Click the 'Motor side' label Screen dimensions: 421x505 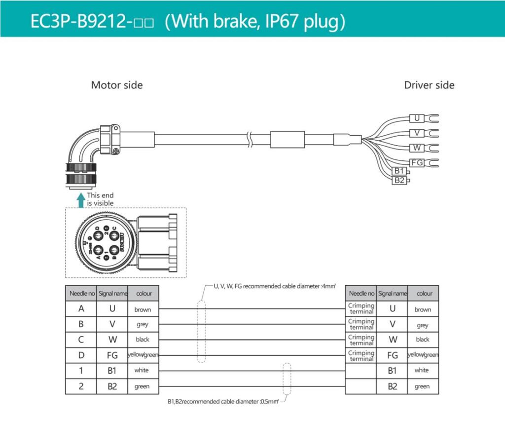pos(117,85)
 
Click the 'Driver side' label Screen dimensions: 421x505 pos(429,85)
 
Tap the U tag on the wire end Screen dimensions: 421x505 pos(417,118)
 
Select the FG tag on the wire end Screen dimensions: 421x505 pos(417,162)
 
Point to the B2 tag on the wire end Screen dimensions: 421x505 pos(399,180)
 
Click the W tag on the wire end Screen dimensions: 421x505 pos(417,148)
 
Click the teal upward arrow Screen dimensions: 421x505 pos(81,199)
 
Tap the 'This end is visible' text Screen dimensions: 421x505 pos(100,199)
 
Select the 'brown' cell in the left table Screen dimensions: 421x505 pos(143,309)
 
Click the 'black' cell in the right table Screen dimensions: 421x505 pos(423,340)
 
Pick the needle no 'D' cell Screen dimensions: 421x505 pos(81,355)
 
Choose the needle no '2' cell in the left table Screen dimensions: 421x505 pos(81,386)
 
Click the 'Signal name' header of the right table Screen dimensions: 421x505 pos(393,293)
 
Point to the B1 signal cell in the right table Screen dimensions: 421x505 pos(393,370)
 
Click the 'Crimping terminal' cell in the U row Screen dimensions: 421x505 pos(361,308)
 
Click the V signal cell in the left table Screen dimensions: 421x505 pos(112,324)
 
